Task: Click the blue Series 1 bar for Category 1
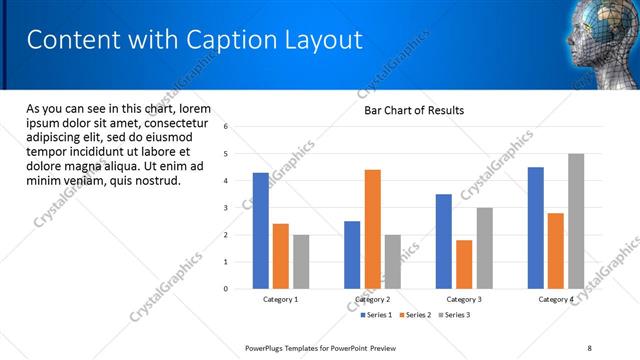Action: (261, 231)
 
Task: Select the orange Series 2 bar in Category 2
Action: (372, 229)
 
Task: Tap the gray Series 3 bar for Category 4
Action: (575, 221)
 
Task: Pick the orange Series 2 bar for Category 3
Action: (464, 264)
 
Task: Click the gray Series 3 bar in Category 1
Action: (301, 262)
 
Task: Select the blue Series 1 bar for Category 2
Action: (352, 255)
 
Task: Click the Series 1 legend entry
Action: (376, 315)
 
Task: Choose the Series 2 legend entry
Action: (414, 315)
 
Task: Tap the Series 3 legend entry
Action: (453, 315)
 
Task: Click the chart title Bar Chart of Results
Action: (413, 110)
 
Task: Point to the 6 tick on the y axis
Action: (226, 127)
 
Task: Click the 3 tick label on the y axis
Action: (226, 208)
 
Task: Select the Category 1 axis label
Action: (281, 299)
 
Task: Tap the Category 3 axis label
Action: (464, 299)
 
